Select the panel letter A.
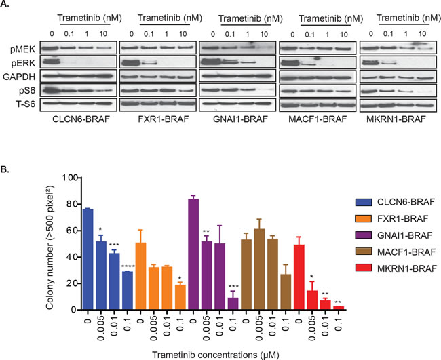click(x=7, y=5)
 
